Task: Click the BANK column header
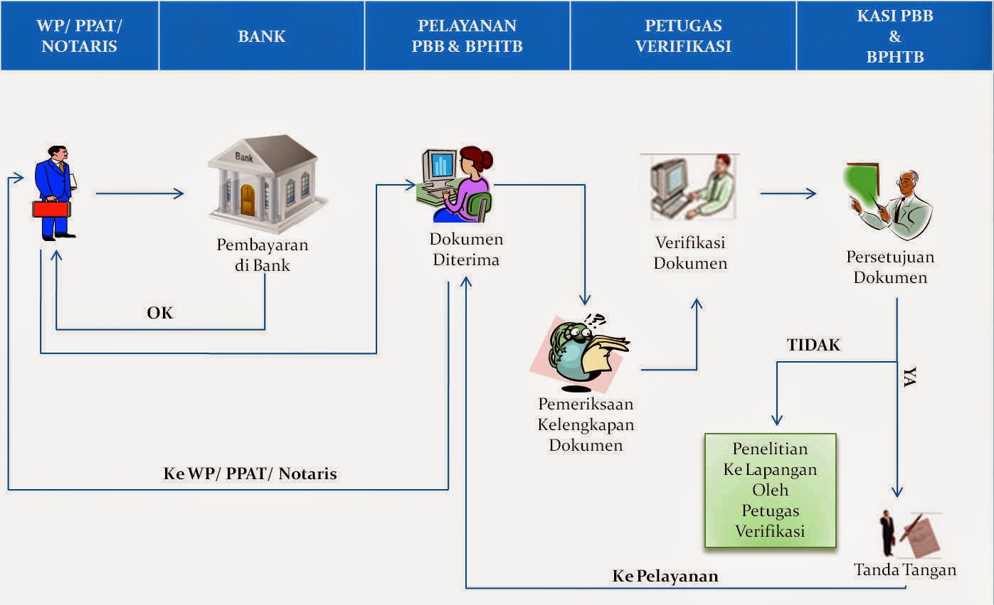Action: pos(262,36)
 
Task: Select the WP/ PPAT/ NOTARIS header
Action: pos(79,36)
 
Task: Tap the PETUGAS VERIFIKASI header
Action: pos(683,36)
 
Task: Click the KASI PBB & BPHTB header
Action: pos(894,36)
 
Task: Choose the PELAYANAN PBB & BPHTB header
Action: pos(467,36)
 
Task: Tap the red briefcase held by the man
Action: pos(51,209)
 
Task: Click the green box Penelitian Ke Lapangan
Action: pos(770,491)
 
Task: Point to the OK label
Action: pos(160,313)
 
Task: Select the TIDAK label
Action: pos(813,346)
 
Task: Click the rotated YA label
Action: pos(909,378)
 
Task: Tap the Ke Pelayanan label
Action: pos(665,576)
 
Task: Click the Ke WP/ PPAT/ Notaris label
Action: pos(250,473)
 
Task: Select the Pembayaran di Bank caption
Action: pos(263,255)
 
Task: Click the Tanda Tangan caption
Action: pos(905,569)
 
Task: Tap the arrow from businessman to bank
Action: pos(139,193)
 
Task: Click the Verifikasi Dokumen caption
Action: pos(690,253)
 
